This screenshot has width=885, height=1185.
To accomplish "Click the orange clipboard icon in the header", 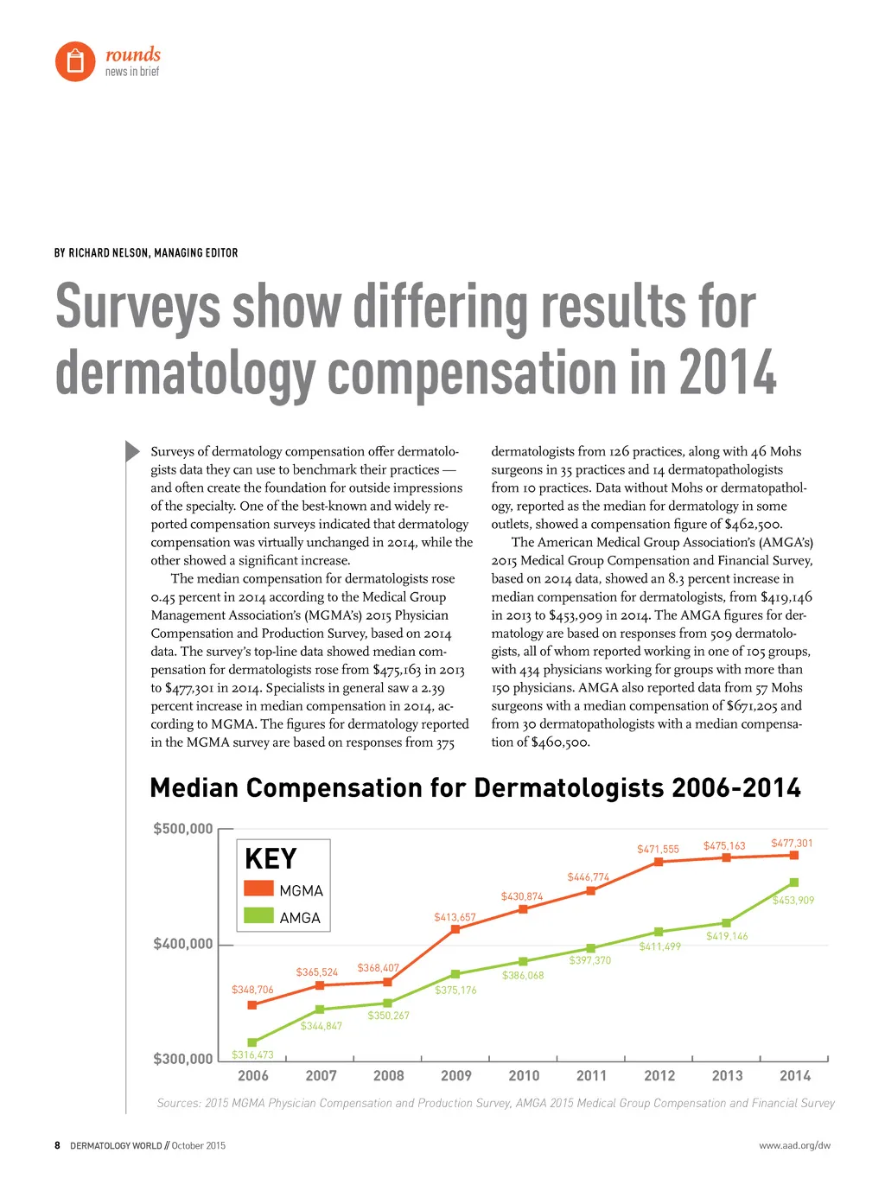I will point(75,61).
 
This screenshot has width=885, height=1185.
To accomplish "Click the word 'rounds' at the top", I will point(133,54).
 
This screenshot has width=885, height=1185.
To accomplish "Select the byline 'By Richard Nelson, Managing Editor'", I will point(146,253).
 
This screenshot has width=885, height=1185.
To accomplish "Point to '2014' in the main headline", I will point(728,373).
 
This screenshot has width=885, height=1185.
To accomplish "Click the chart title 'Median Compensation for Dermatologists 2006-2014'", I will point(475,788).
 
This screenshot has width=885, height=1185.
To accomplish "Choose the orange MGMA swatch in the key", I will point(258,889).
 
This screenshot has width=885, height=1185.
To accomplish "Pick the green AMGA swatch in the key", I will point(258,915).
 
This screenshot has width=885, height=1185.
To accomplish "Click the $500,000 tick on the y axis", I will point(183,829).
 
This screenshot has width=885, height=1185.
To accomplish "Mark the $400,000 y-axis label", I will point(183,944).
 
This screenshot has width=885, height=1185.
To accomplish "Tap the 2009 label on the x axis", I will point(456,1076).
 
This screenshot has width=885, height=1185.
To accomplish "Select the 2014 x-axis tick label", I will point(795,1076).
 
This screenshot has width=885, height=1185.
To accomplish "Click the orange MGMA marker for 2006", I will point(252,1005).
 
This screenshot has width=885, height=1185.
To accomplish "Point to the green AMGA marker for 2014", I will point(794,882).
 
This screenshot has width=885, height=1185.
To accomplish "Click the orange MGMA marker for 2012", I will point(659,862).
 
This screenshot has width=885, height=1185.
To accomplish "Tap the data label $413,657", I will point(455,917).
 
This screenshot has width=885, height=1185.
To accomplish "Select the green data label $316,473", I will point(252,1054).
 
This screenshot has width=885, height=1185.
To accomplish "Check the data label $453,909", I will point(793,901).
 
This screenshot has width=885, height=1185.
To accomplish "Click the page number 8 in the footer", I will point(58,1146).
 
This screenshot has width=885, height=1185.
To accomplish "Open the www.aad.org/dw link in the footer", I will point(794,1146).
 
